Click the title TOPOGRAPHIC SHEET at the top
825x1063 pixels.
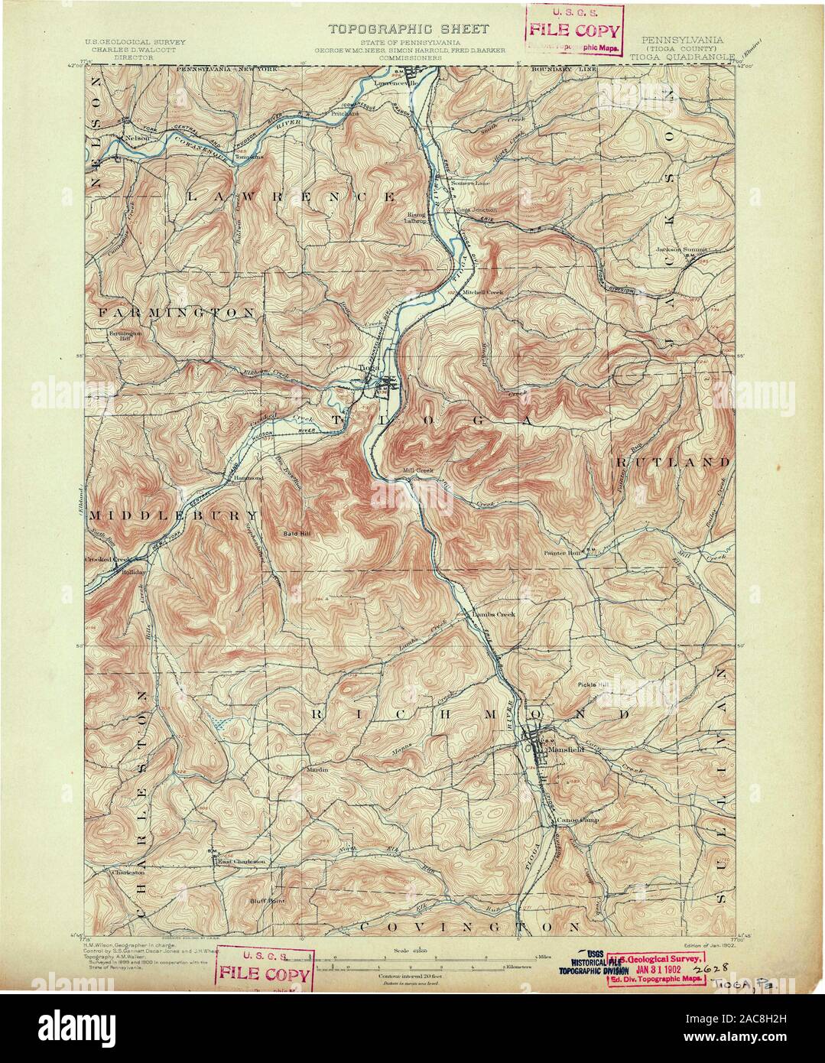tap(408, 29)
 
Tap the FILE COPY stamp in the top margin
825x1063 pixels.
tap(573, 32)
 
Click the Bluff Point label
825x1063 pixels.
tap(267, 901)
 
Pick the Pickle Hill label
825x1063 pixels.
tap(594, 684)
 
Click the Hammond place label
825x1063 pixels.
tap(248, 477)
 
